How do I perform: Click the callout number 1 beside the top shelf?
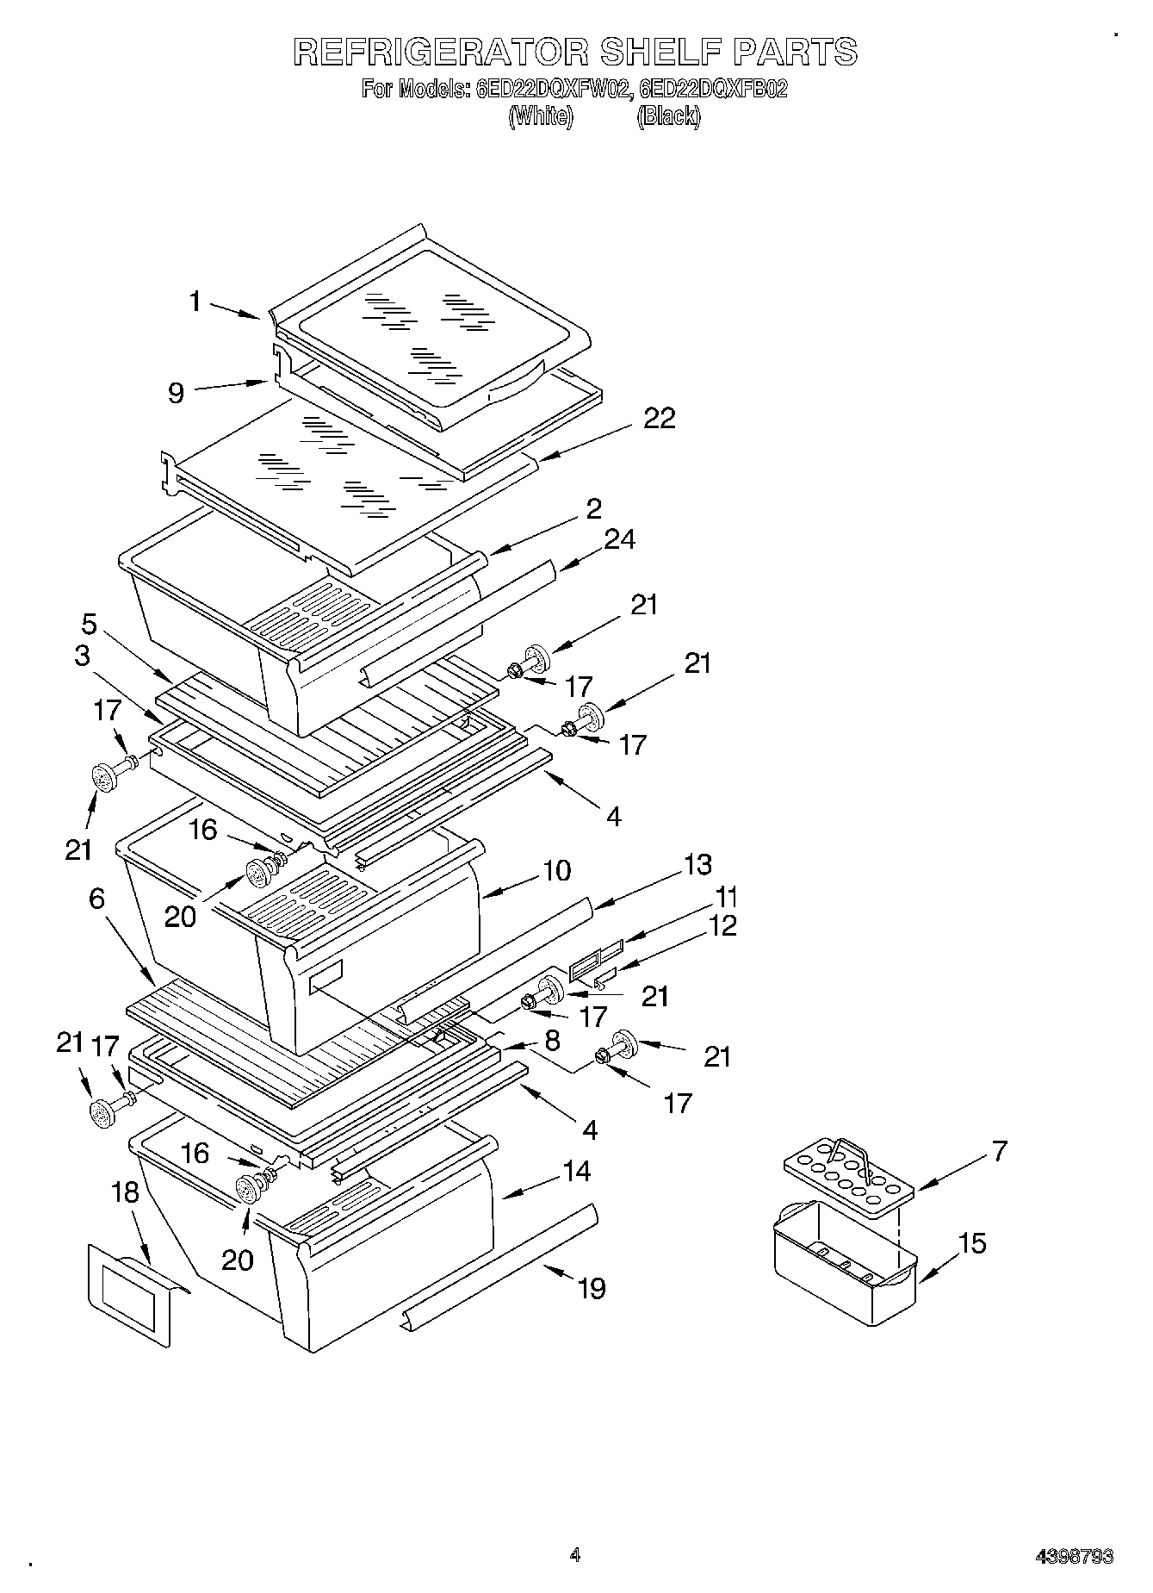tap(196, 302)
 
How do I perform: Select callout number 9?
tap(176, 394)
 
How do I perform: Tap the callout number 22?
tap(659, 418)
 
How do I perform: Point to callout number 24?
tap(619, 539)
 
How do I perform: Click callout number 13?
tap(697, 864)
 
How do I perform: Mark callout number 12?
tap(723, 926)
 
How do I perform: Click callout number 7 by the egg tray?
tap(999, 1151)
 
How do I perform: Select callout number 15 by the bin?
tap(971, 1243)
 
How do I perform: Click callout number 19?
tap(592, 1289)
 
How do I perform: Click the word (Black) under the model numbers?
tap(668, 116)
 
